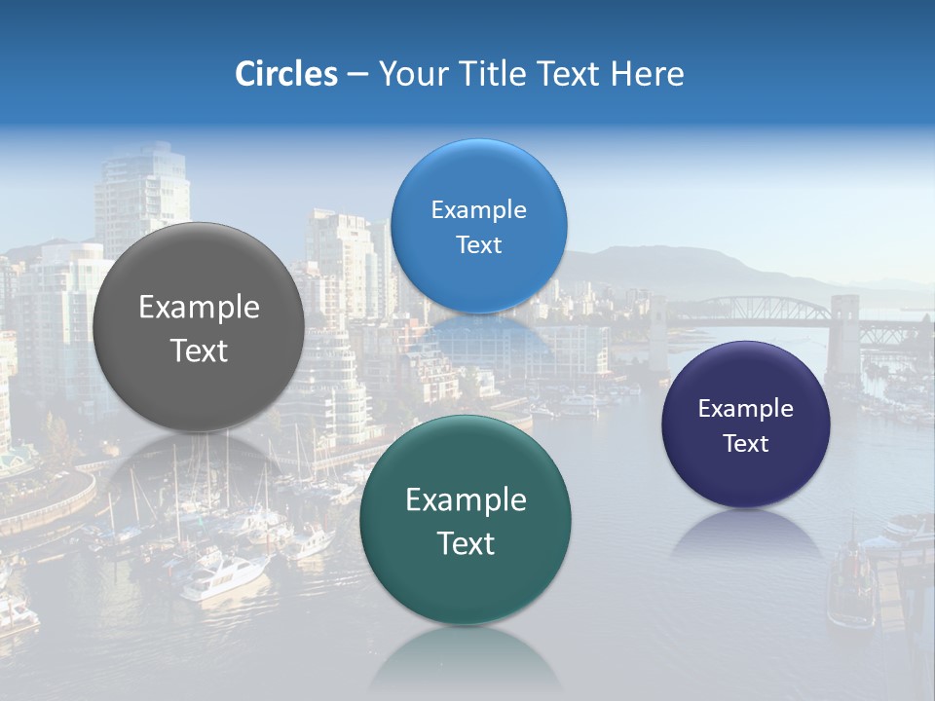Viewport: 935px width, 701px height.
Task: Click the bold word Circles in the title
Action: click(286, 74)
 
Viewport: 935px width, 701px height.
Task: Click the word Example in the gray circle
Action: click(199, 308)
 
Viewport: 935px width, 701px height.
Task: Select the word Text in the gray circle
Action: click(199, 350)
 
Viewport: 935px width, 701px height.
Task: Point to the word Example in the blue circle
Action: click(478, 210)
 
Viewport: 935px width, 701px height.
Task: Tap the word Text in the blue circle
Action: click(478, 245)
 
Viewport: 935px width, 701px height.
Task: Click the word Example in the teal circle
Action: click(466, 500)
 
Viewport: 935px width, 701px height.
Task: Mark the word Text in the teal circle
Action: click(466, 543)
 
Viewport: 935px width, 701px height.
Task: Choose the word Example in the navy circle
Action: click(746, 409)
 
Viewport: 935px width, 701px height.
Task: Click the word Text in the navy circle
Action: click(746, 444)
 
